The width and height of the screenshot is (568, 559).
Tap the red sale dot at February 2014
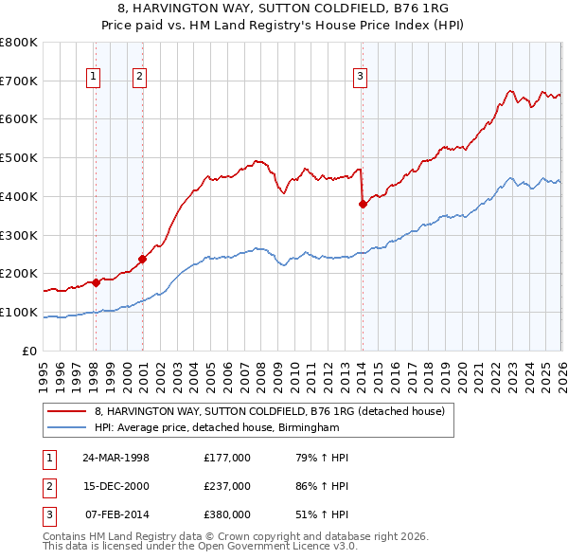[363, 203]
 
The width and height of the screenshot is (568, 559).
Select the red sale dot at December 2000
[142, 258]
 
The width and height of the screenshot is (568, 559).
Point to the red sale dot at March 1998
[96, 281]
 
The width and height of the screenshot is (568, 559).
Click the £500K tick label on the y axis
[19, 157]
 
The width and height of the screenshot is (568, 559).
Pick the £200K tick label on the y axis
[19, 274]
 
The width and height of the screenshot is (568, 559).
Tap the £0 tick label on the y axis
[30, 351]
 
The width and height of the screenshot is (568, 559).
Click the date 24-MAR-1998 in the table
[115, 458]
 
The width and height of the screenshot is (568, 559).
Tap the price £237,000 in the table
[226, 486]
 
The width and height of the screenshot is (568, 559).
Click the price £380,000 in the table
[226, 514]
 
